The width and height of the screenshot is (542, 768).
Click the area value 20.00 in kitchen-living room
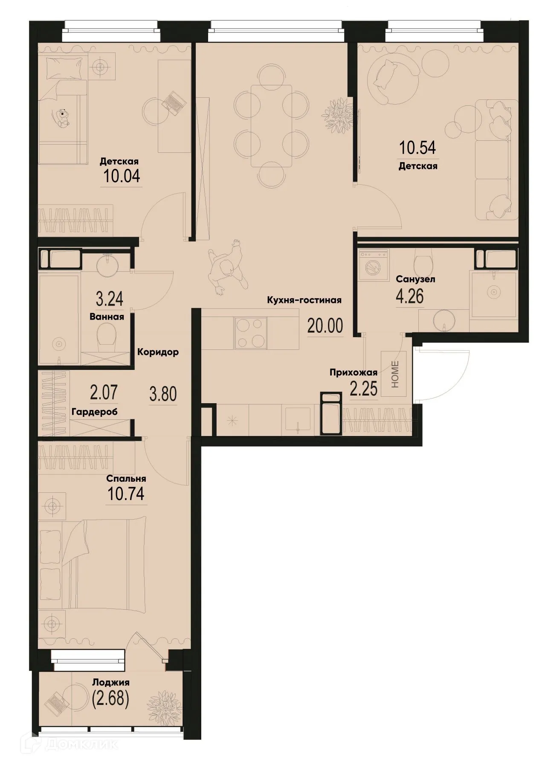[325, 326]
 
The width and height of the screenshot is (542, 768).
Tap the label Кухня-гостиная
[304, 300]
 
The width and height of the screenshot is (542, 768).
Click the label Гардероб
[95, 412]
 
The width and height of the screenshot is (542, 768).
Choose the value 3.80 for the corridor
[162, 394]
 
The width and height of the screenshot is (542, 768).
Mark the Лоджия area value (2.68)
[110, 699]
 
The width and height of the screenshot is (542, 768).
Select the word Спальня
[127, 479]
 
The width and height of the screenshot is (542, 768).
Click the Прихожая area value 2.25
[363, 390]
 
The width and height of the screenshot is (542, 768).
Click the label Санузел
[409, 279]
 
